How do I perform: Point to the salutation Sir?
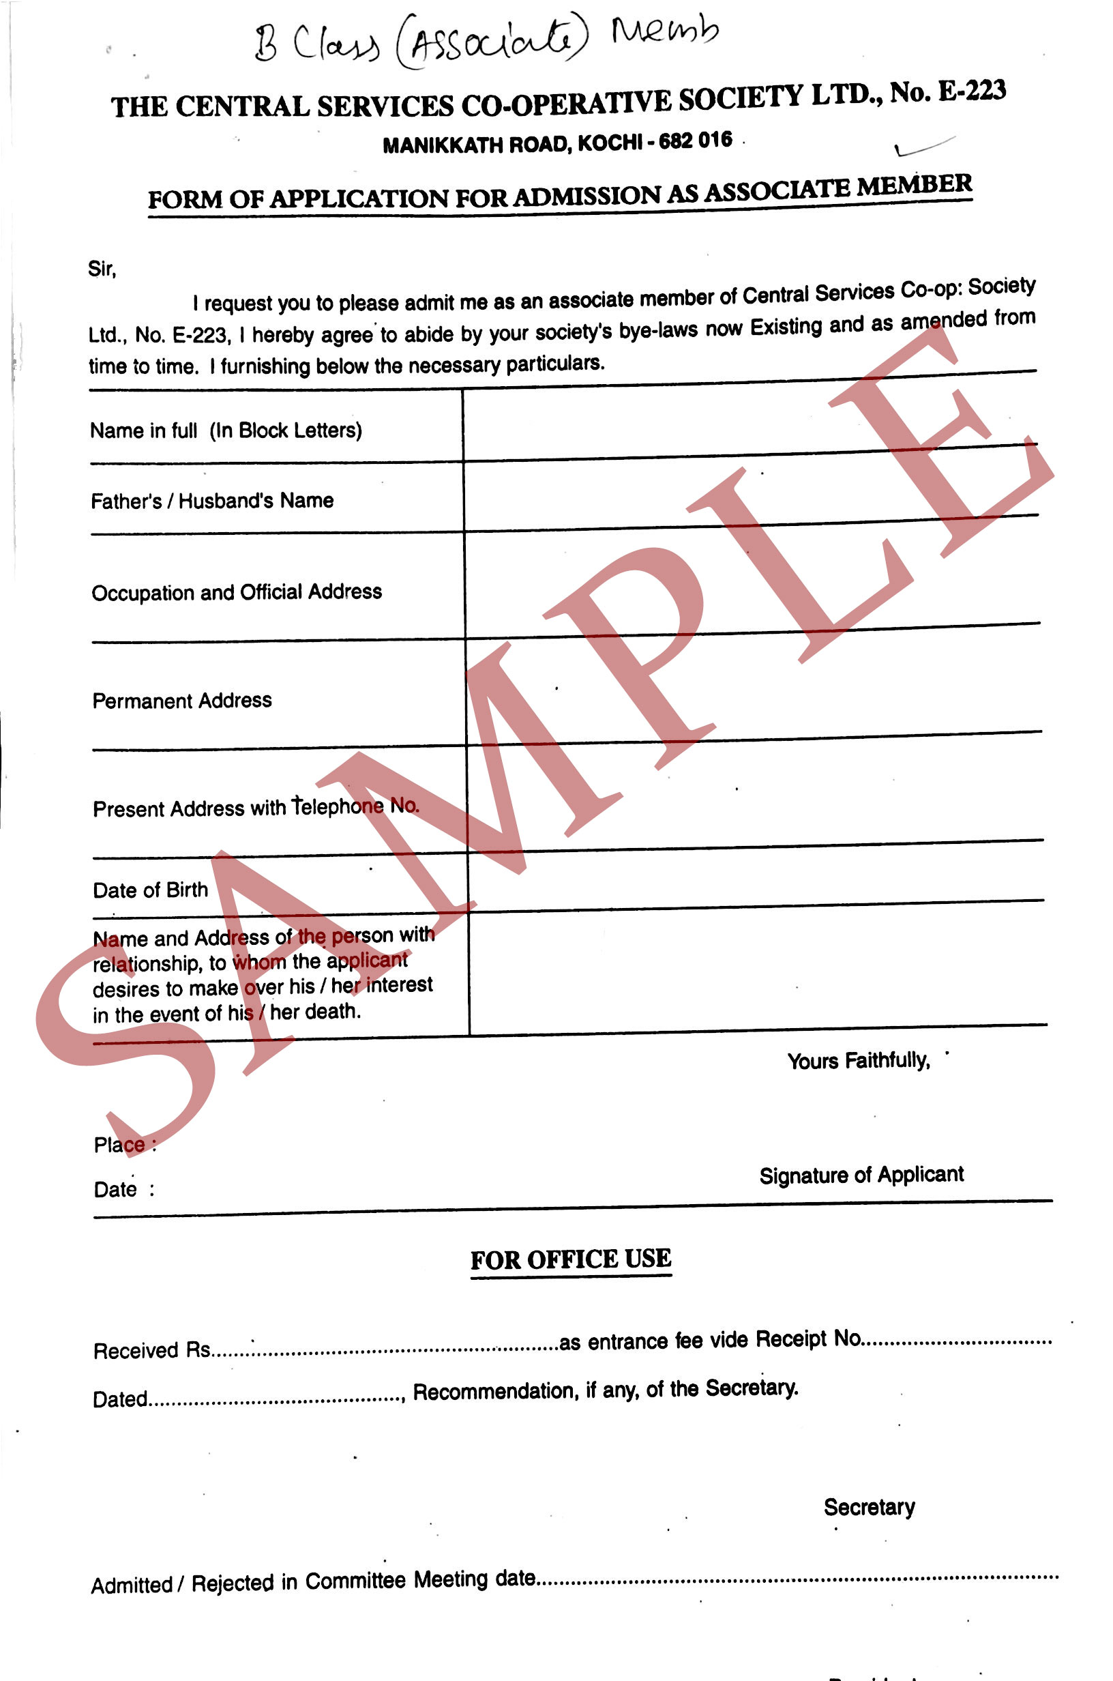[x=102, y=269]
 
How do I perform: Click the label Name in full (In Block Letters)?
[x=226, y=431]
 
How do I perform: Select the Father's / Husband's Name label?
[x=211, y=501]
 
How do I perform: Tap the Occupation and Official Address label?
[x=237, y=592]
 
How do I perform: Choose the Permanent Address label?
[x=181, y=701]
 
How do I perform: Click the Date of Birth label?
[x=150, y=890]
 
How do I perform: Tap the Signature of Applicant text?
[x=861, y=1175]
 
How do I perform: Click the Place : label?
[x=124, y=1145]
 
